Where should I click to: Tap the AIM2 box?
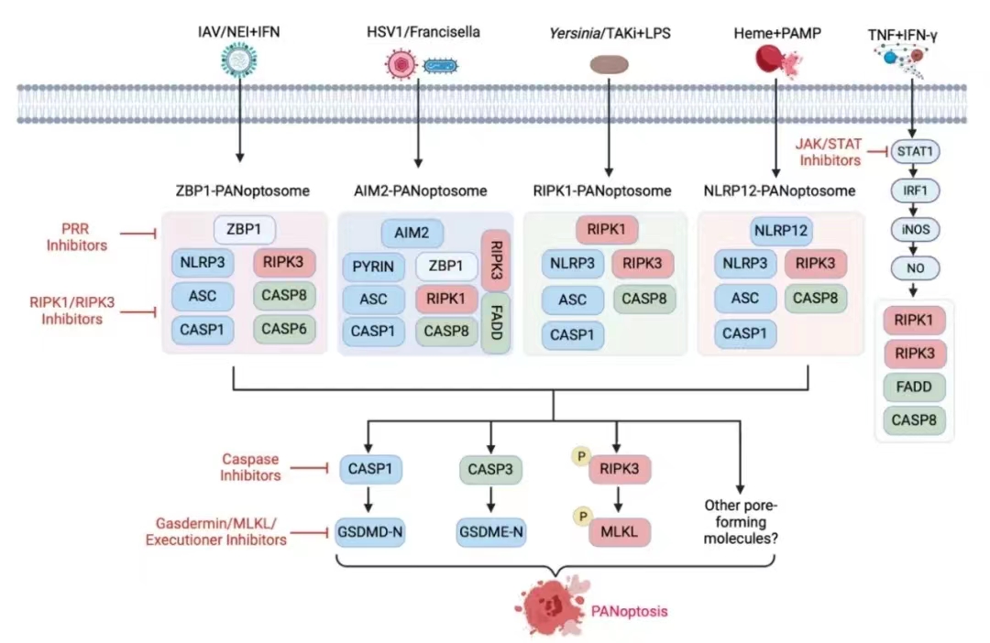[412, 233]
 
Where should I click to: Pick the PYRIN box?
[374, 267]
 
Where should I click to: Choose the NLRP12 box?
[781, 231]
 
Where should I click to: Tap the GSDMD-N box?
[370, 530]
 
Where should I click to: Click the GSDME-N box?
[492, 530]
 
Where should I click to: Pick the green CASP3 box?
[492, 471]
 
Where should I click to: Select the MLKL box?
[620, 530]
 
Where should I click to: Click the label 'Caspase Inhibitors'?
[250, 466]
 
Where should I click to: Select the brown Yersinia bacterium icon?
[609, 64]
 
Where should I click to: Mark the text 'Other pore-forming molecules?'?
[741, 521]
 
